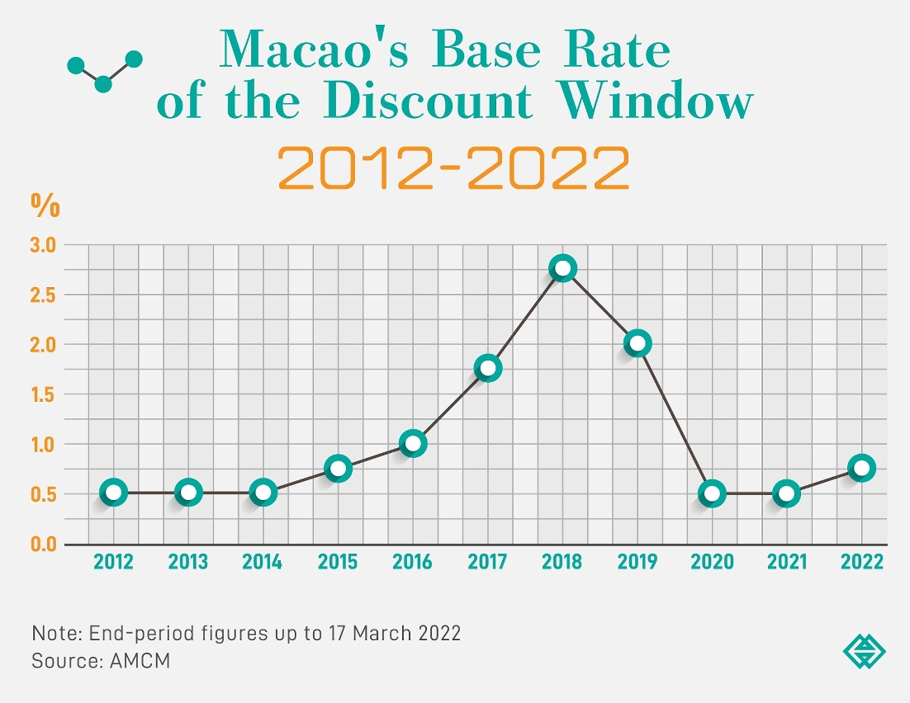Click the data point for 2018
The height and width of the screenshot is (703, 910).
[562, 268]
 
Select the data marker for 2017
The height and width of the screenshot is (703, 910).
[488, 368]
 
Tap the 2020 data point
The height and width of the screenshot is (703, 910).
[713, 493]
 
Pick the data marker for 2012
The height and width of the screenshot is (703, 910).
[114, 493]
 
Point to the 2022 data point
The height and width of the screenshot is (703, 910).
[862, 468]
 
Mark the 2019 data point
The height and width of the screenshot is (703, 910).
[637, 343]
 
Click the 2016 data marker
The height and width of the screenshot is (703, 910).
[413, 443]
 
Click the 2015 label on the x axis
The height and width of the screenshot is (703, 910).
[338, 563]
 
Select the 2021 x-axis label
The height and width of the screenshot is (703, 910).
[787, 563]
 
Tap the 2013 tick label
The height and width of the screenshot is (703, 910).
[188, 563]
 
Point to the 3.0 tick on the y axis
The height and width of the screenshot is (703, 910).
[43, 245]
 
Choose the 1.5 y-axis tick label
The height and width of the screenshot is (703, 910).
[43, 394]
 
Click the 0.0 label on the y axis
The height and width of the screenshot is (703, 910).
[43, 545]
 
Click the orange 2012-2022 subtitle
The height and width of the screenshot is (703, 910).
[453, 167]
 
